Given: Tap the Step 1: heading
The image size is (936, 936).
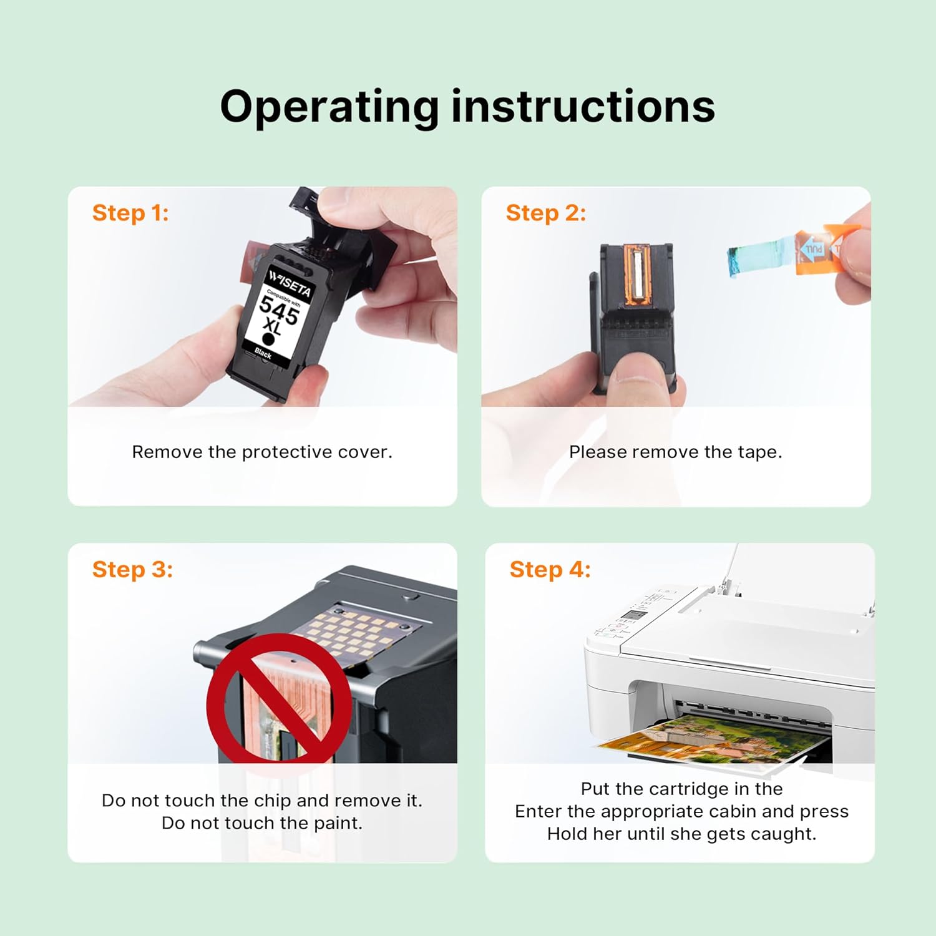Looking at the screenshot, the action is point(130,213).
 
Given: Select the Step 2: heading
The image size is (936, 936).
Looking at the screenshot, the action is point(546,213).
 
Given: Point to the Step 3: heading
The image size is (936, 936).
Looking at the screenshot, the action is point(132,570).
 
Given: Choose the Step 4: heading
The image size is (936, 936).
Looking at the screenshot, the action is point(550,570).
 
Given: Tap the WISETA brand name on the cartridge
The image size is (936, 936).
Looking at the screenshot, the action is point(290,283).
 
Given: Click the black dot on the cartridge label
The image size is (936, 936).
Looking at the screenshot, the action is point(268,339).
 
